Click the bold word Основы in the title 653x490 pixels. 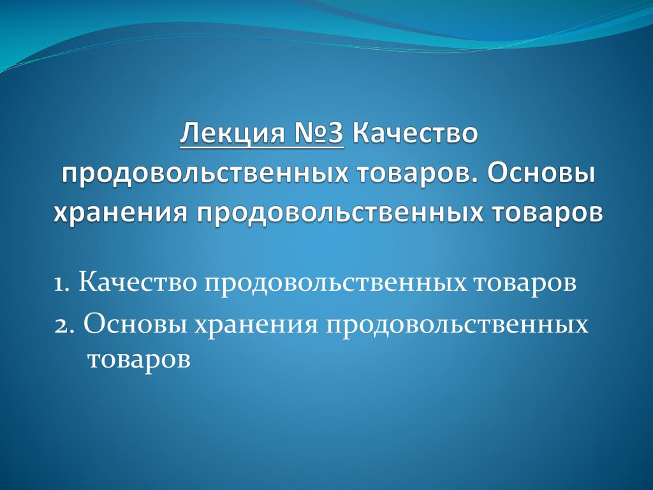pos(541,174)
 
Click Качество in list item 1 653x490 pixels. pos(138,283)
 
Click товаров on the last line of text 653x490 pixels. pos(139,360)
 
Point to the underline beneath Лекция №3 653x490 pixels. pos(262,147)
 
